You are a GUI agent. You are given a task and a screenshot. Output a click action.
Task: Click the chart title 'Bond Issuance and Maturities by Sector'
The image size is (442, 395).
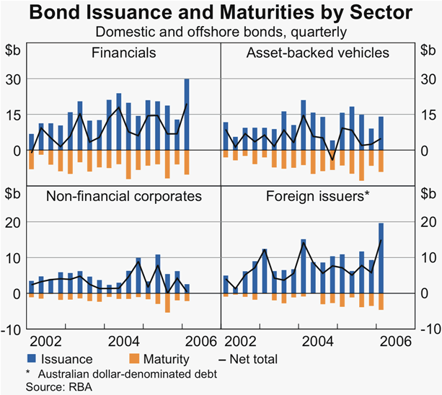click(221, 13)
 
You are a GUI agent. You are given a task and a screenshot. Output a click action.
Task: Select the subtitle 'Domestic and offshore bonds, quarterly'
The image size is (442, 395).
click(221, 32)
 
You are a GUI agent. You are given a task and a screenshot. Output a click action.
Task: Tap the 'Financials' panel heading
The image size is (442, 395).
click(124, 53)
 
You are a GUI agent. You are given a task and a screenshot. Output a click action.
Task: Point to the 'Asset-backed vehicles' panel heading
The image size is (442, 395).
click(317, 53)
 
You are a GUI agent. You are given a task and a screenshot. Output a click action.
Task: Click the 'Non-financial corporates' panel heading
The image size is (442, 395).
click(124, 195)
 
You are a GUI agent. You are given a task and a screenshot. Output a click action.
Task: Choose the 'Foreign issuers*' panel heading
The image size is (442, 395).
click(317, 195)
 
